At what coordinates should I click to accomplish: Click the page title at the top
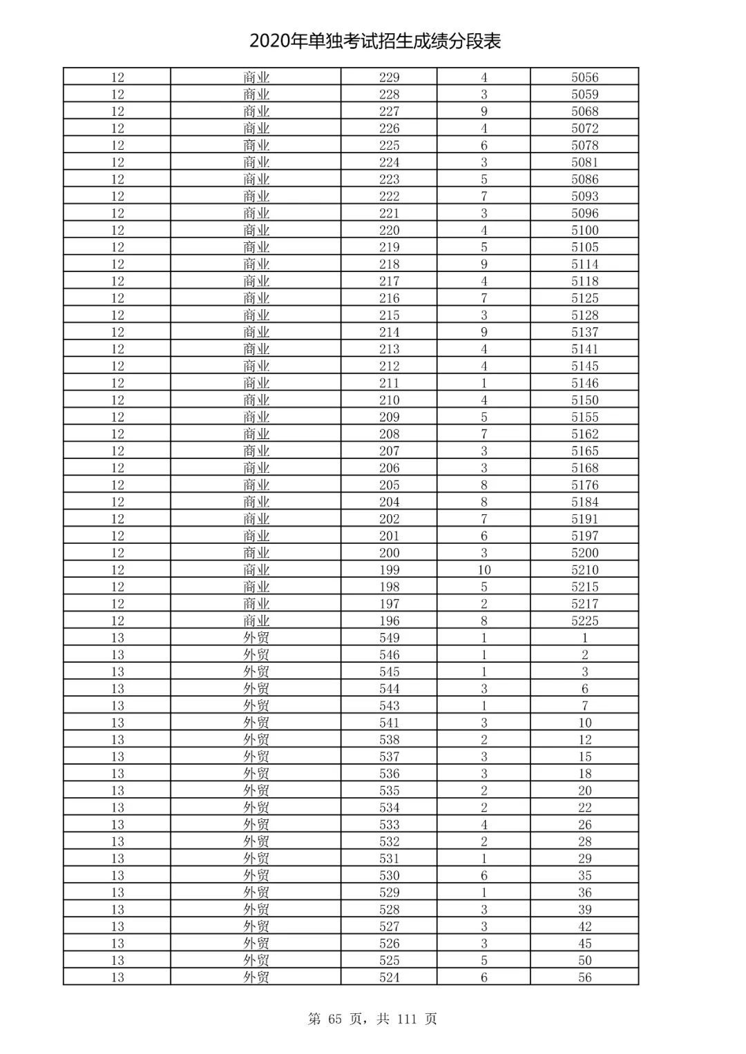point(375,41)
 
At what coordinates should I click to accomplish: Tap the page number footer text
point(372,1019)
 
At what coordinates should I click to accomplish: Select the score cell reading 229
point(389,77)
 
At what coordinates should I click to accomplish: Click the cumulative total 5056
point(584,77)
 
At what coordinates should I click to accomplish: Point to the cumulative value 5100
point(584,231)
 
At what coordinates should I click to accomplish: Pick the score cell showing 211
point(389,383)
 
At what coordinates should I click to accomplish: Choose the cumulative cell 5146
point(584,383)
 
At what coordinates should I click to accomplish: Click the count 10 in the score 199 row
point(484,570)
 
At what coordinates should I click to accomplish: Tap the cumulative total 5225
point(584,621)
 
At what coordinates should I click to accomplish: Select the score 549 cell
point(389,638)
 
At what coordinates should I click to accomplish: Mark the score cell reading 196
point(389,621)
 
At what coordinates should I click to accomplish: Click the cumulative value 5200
point(584,553)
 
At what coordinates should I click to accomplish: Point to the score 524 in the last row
point(389,977)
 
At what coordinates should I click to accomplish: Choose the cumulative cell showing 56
point(584,977)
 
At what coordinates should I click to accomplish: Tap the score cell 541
point(389,723)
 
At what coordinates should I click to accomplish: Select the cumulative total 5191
point(584,519)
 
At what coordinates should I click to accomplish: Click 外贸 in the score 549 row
point(256,638)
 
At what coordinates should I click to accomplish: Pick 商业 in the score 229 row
point(256,77)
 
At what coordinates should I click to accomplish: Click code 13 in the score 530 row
point(117,875)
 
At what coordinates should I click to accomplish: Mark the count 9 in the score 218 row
point(484,264)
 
